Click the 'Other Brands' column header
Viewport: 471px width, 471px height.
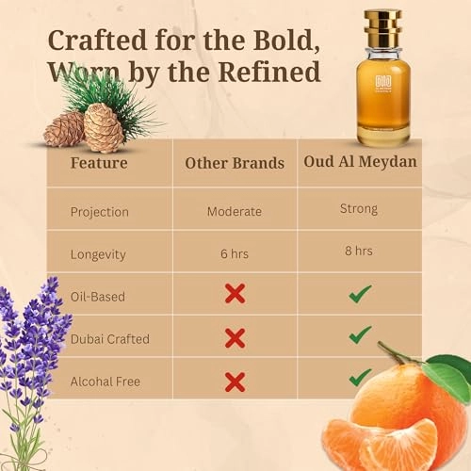235,163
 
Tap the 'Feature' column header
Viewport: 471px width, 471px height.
99,162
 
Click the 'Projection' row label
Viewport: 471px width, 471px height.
101,211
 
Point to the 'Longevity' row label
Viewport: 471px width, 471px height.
99,253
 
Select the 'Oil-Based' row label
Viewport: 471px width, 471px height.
97,296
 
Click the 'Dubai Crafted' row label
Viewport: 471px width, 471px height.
109,338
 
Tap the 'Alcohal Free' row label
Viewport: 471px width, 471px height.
106,381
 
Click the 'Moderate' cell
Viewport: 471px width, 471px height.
235,211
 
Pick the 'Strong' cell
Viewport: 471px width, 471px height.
359,208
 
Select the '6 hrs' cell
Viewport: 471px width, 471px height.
235,253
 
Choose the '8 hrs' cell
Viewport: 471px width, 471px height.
359,251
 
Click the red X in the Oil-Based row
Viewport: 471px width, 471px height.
235,294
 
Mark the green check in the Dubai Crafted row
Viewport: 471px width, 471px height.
359,335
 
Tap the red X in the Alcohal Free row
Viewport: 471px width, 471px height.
235,381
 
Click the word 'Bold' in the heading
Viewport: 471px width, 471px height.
278,41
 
